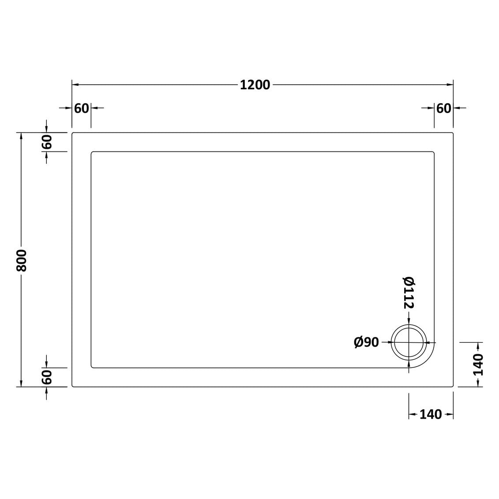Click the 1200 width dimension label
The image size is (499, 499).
pyautogui.click(x=255, y=85)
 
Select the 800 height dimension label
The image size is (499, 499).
pyautogui.click(x=22, y=260)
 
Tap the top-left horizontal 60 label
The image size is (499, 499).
pyautogui.click(x=82, y=109)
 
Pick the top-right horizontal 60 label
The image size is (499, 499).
pyautogui.click(x=443, y=109)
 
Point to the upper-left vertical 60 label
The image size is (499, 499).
pyautogui.click(x=46, y=142)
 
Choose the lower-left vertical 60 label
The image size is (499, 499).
pyautogui.click(x=46, y=377)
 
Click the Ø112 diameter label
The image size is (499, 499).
pyautogui.click(x=409, y=293)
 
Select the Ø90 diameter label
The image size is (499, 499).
pyautogui.click(x=366, y=342)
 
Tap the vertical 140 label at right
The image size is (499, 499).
pyautogui.click(x=478, y=365)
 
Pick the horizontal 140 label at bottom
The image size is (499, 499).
pyautogui.click(x=431, y=414)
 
